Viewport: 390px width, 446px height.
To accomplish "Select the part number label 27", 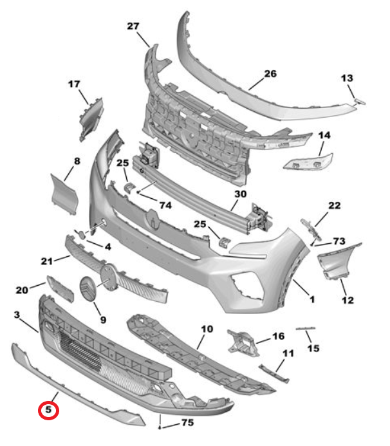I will [133, 26].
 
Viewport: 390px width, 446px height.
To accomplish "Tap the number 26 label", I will [270, 74].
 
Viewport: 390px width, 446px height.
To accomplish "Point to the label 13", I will [347, 78].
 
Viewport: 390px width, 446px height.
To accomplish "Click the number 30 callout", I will [240, 194].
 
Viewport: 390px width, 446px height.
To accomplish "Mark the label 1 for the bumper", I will [311, 300].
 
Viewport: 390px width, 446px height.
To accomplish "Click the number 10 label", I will [206, 329].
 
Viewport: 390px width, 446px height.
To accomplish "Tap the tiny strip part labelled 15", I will [306, 330].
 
